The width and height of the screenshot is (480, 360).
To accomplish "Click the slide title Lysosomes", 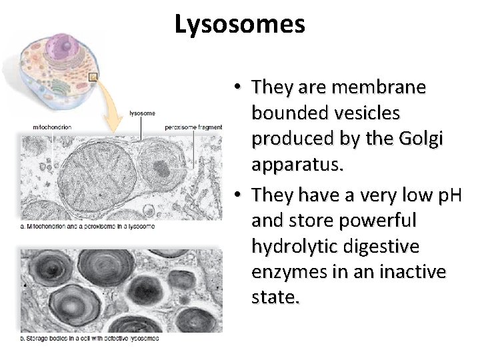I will click(240, 25).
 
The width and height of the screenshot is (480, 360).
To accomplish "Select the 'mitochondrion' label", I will click(52, 127).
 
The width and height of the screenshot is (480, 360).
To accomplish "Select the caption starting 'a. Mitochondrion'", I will click(88, 227).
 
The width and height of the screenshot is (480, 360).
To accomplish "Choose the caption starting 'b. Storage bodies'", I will click(89, 338).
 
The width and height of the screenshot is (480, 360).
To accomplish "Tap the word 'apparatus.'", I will click(298, 165).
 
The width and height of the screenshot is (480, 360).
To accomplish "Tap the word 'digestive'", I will click(386, 246).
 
